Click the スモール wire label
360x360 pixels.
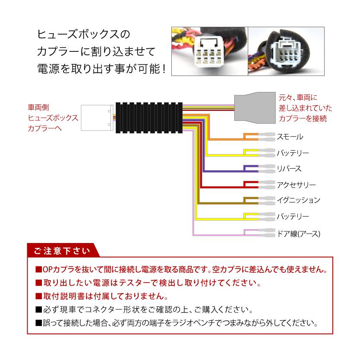290,137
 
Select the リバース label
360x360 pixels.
289,169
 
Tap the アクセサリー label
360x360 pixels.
296,185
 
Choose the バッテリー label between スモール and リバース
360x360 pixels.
293,153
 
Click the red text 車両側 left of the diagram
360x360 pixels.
41,107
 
